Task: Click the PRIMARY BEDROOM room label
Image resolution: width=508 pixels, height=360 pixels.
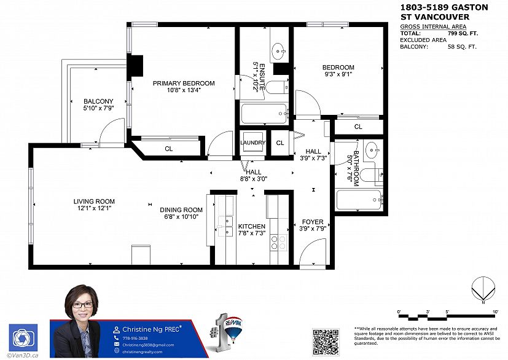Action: (184, 84)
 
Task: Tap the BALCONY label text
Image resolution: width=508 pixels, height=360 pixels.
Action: (98, 101)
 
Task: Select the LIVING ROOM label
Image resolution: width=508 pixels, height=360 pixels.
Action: (94, 202)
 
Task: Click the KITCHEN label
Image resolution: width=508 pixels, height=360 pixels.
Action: (251, 227)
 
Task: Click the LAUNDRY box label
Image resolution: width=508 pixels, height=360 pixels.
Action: (252, 143)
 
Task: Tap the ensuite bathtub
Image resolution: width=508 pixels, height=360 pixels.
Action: (264, 114)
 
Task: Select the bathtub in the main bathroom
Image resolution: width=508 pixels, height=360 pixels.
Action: (359, 200)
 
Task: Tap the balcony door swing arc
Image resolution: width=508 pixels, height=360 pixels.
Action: (110, 131)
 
